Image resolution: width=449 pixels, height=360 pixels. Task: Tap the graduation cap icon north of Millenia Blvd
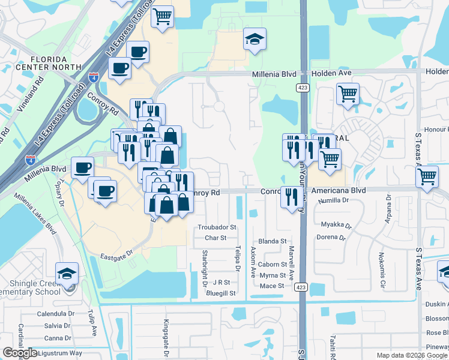click(x=255, y=40)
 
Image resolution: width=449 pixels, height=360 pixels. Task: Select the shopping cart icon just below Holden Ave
click(x=348, y=94)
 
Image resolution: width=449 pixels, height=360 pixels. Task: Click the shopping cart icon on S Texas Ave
click(x=427, y=177)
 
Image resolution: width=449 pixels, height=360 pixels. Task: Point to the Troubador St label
click(x=217, y=228)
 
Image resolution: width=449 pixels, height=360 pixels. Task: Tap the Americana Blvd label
click(x=339, y=190)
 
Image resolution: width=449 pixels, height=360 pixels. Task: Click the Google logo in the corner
click(x=20, y=353)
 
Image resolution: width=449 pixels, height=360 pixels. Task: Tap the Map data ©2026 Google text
click(x=412, y=355)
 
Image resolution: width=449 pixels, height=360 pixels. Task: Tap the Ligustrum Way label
click(x=59, y=353)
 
